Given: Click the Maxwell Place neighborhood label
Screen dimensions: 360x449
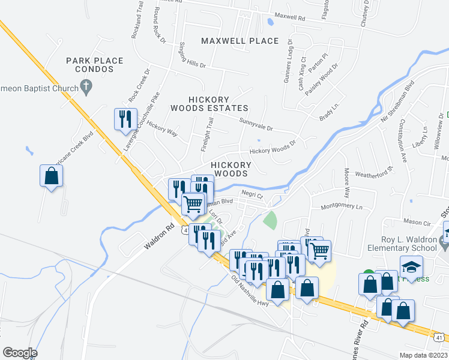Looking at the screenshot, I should coord(240,41).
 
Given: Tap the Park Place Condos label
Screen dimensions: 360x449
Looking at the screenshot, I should coord(95,65).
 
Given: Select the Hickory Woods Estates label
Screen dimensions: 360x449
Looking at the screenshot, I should coord(209,104).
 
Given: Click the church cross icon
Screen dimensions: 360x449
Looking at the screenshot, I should coord(86,88).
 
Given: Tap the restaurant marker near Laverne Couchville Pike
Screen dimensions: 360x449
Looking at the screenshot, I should coord(125,118).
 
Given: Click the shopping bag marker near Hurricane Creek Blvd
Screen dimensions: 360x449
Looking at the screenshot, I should coord(52,176).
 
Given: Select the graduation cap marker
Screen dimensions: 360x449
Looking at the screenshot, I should coord(411,266).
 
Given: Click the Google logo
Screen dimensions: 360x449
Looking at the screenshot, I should coord(20,353).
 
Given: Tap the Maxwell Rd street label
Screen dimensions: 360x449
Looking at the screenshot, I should coord(289,16).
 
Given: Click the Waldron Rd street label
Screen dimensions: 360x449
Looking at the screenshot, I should coord(158,238).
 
